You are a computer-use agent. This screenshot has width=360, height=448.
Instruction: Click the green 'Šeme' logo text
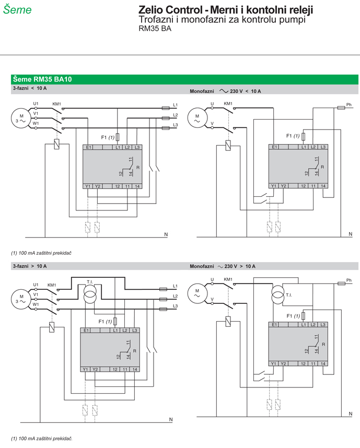click(17, 9)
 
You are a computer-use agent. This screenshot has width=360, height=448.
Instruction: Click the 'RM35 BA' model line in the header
click(155, 29)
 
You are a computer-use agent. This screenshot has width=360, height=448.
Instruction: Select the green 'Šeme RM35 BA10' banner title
click(42, 79)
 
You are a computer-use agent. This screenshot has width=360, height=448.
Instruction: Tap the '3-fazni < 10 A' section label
click(30, 88)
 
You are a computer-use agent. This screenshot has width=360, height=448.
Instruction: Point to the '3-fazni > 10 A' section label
click(30, 266)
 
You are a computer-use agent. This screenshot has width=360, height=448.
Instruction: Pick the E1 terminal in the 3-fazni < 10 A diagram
click(88, 147)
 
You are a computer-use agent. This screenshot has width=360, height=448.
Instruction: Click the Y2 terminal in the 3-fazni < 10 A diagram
click(98, 186)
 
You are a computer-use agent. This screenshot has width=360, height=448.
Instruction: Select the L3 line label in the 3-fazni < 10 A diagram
click(175, 125)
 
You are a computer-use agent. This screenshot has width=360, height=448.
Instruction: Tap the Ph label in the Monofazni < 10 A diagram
click(349, 104)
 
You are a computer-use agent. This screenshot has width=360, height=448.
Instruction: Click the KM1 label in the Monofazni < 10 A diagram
click(228, 103)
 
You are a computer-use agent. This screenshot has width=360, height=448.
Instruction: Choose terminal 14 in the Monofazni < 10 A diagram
click(323, 186)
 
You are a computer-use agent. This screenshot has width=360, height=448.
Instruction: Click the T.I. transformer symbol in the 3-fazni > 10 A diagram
click(90, 293)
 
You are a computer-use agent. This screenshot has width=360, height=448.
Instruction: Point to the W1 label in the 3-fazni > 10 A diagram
click(36, 304)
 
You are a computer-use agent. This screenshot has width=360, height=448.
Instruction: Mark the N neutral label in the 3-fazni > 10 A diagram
click(171, 419)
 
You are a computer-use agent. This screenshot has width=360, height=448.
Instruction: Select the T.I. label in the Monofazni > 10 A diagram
click(289, 295)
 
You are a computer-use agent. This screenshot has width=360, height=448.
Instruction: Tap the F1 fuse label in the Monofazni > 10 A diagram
click(293, 316)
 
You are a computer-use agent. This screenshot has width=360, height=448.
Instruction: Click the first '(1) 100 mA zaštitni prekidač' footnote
click(41, 253)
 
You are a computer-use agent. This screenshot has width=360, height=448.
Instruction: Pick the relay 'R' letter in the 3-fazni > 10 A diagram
click(135, 351)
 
